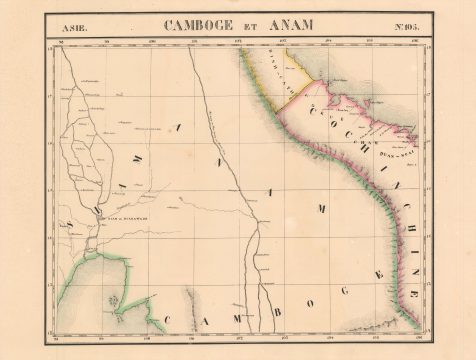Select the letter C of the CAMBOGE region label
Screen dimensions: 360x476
170,320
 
